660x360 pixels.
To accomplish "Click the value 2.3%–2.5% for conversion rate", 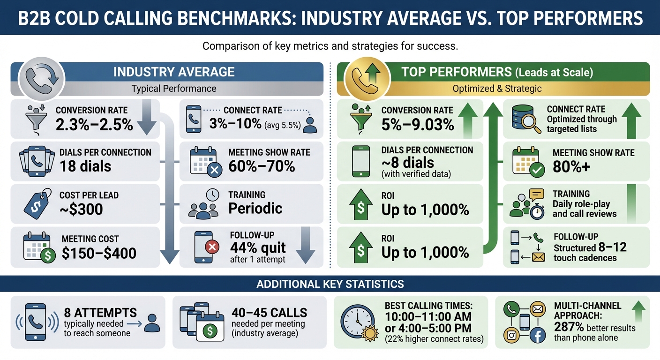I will (x=94, y=125).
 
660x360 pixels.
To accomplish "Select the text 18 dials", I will (x=85, y=166).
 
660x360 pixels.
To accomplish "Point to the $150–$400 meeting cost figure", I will (x=99, y=253).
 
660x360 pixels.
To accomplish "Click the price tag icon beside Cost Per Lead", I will (x=36, y=202).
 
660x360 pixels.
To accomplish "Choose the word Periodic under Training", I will (x=255, y=208).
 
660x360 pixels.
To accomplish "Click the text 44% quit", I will (x=258, y=247).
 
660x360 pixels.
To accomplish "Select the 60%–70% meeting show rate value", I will (x=262, y=166).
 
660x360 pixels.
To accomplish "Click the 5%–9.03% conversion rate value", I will (x=418, y=125).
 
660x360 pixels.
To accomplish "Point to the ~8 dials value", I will (x=408, y=163).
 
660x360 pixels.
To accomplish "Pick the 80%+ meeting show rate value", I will (x=571, y=167).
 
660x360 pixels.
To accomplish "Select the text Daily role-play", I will (x=581, y=204).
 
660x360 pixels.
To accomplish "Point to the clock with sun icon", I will (x=359, y=322).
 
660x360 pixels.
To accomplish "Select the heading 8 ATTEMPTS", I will (x=100, y=313).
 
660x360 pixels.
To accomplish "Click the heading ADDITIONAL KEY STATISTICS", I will (x=330, y=284).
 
